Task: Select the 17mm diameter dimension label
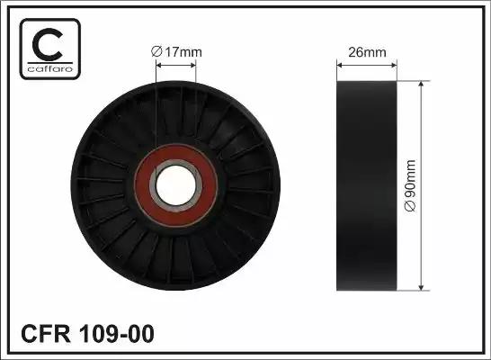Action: tap(177, 51)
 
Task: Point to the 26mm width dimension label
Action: tap(367, 51)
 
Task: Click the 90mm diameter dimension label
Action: tap(411, 185)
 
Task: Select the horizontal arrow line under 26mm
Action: tap(367, 63)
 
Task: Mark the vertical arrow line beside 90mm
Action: tap(422, 185)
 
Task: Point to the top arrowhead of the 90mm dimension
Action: tap(422, 84)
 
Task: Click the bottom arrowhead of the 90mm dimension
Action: tap(422, 288)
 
